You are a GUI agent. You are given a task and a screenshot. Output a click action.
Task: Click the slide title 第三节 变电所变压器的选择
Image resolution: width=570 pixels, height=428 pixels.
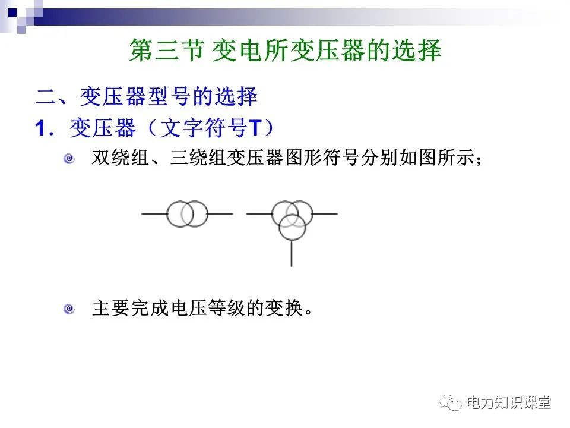[285, 51]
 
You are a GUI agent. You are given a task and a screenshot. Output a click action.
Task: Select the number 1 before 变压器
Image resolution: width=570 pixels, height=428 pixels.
[40, 128]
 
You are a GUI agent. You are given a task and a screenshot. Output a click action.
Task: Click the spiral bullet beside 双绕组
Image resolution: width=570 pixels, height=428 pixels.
[69, 159]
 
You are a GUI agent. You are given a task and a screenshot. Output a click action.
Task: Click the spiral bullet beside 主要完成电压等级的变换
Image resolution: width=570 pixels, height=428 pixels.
[69, 309]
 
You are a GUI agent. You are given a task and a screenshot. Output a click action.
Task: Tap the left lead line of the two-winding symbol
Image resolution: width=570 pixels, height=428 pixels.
[153, 214]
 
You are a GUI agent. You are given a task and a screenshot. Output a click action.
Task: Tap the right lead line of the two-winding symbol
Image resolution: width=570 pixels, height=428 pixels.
[220, 214]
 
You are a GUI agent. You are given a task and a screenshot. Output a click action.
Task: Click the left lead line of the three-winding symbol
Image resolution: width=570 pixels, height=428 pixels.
[259, 214]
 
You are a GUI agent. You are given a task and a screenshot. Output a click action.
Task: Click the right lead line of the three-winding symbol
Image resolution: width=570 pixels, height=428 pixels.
[324, 214]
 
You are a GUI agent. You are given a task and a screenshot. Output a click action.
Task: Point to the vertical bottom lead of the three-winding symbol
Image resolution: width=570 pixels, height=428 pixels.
[292, 254]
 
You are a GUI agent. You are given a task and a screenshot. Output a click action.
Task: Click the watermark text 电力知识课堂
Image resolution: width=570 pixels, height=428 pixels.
[509, 402]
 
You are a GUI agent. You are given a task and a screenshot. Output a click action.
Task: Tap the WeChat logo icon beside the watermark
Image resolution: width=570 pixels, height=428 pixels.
[451, 402]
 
